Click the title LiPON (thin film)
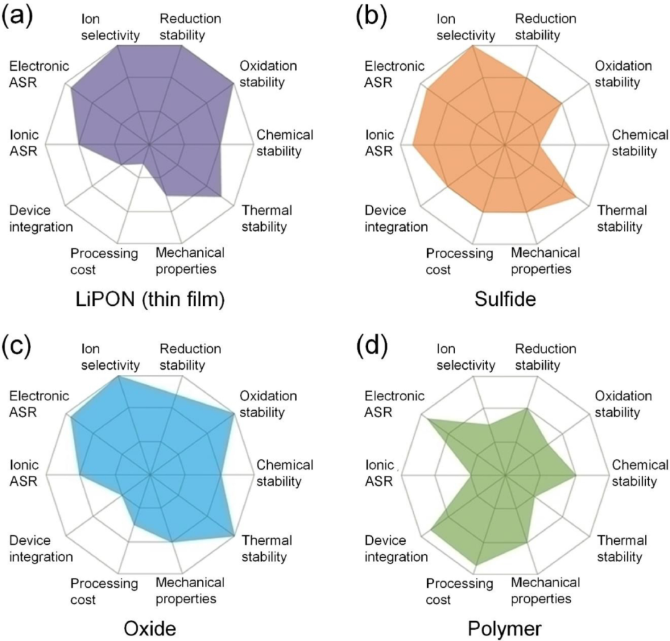(149, 300)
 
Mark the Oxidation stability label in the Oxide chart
(268, 404)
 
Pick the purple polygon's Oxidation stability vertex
(234, 83)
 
